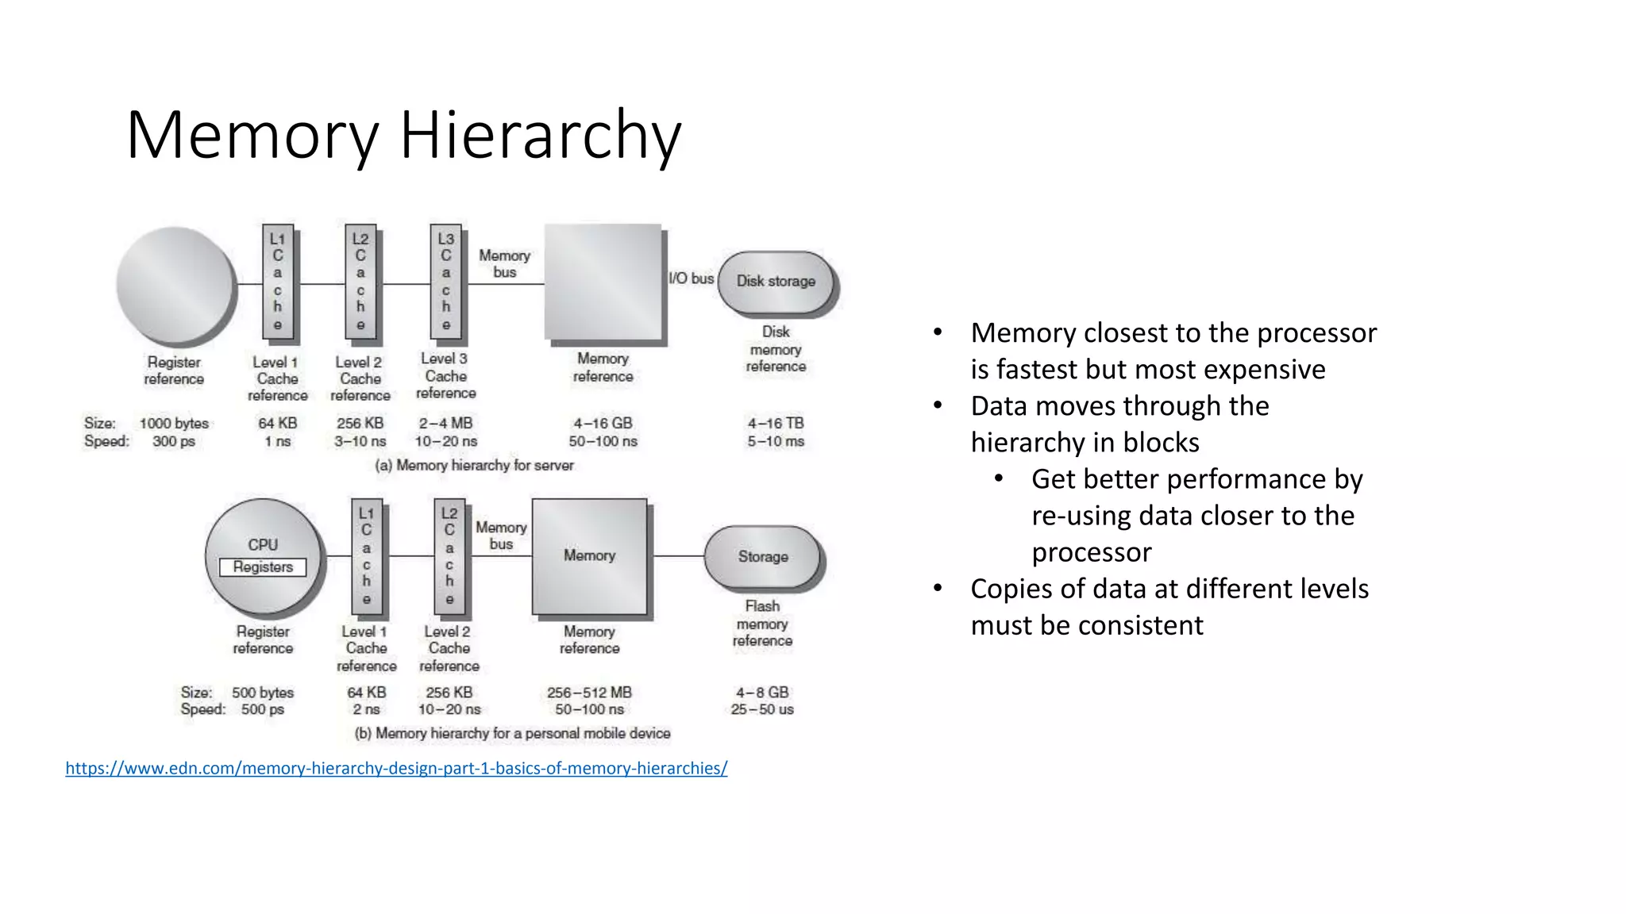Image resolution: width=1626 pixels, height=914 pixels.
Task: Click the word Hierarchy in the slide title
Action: pos(540,135)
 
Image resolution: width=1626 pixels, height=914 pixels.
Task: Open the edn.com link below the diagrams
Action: pos(396,768)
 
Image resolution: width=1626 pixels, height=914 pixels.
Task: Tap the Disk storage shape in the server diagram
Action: pos(776,282)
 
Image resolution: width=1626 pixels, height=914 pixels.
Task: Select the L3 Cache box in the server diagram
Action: pos(445,282)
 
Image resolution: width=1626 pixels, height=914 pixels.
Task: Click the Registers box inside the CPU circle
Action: pos(263,567)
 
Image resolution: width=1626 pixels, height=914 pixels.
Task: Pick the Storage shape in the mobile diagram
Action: pos(762,557)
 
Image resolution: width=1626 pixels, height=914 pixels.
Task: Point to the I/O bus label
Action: pos(691,278)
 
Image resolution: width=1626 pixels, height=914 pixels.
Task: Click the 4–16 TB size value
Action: pos(776,423)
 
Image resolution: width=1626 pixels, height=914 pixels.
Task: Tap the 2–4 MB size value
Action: pos(445,423)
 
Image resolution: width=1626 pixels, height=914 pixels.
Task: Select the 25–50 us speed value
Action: pos(762,709)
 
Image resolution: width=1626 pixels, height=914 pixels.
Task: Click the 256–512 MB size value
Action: pos(589,693)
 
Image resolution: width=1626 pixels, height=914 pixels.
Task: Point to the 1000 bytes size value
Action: pos(174,423)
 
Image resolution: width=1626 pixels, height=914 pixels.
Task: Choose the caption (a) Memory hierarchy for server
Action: pos(474,465)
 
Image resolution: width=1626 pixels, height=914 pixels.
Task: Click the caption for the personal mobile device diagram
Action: pos(512,733)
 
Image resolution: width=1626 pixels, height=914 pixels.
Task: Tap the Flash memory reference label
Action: pos(762,624)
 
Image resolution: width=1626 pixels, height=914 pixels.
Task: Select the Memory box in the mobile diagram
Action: pos(589,556)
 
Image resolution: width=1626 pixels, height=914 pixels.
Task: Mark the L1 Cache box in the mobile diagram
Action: pos(366,556)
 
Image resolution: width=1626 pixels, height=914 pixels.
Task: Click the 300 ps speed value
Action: pos(174,441)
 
